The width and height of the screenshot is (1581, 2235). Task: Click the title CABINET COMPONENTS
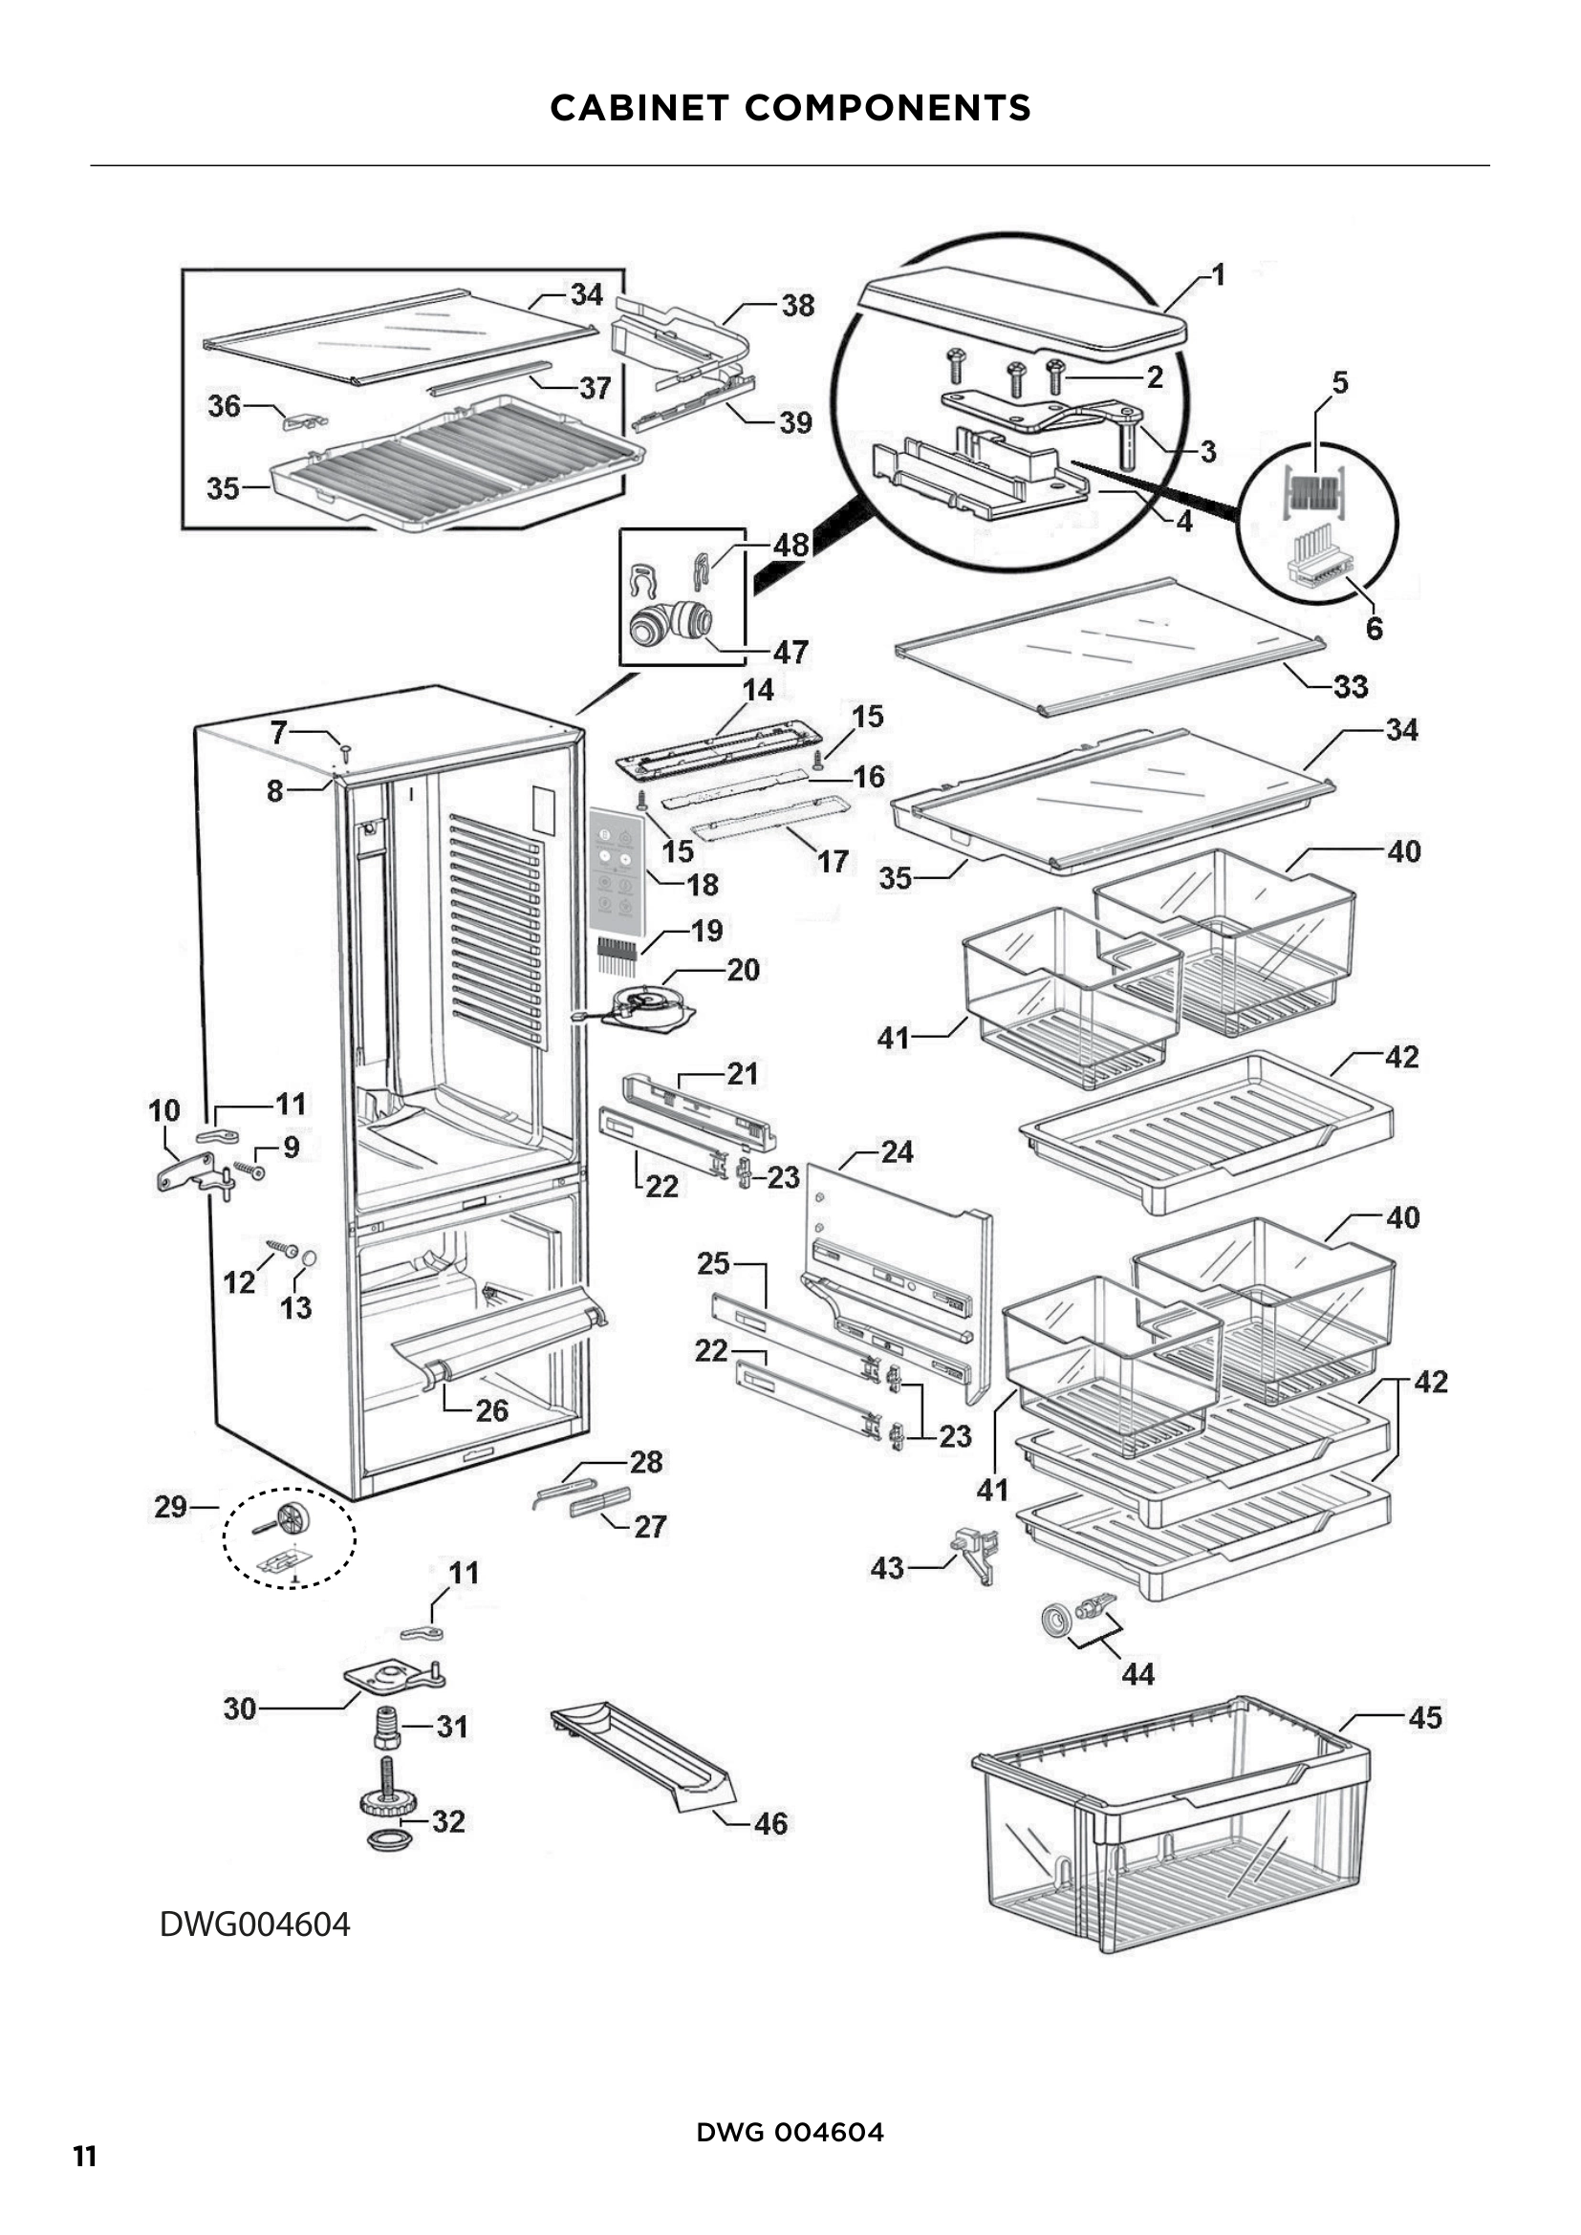(790, 108)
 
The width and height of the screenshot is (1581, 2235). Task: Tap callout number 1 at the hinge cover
(1217, 275)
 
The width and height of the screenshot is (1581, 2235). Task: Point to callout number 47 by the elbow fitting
(790, 652)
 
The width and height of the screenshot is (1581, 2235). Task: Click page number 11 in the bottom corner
(85, 2158)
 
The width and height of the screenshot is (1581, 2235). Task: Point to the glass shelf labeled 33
(1110, 647)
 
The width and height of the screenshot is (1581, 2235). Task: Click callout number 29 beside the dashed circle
(170, 1507)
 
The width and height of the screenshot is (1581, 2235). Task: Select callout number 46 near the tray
(770, 1823)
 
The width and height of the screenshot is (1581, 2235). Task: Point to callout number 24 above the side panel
(897, 1152)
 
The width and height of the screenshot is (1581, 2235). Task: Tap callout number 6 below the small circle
(1374, 628)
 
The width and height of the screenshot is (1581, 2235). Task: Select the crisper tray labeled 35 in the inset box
(458, 467)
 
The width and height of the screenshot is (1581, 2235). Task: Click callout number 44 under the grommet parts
(1137, 1673)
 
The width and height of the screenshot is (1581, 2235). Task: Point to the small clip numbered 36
(303, 420)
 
